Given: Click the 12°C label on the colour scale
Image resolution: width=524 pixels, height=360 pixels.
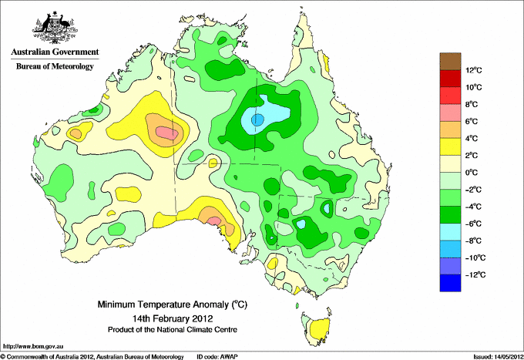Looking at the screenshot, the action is coord(474,70).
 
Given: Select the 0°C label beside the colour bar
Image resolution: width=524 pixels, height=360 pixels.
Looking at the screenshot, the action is coord(472,173).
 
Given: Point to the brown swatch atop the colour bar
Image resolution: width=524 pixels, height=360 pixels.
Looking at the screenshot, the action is coord(450,61).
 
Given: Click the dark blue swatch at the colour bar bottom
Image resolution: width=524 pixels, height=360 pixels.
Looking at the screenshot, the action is coord(450,283).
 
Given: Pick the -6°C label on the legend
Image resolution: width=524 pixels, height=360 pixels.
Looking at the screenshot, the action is coord(474,224).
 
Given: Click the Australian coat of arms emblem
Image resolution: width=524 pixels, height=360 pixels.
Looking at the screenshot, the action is coord(55,28).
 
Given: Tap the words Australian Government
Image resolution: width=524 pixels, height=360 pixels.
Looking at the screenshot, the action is coord(55,52).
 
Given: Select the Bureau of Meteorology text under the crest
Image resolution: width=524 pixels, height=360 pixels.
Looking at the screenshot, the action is coord(55,66).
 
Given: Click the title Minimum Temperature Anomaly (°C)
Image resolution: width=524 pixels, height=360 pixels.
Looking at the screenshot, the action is coord(173,304).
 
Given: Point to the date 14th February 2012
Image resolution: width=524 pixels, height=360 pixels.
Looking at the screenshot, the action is coord(173,318).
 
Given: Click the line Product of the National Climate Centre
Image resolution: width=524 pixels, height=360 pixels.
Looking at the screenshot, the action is coord(173,330).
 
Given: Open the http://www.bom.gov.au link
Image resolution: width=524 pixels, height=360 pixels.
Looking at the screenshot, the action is coord(33,347).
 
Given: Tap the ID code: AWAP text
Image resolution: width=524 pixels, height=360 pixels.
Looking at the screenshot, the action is coord(217,357).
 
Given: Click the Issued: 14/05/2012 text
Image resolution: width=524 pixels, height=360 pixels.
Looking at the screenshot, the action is coord(498,357).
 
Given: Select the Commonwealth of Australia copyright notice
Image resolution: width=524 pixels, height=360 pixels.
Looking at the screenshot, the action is coord(92,357).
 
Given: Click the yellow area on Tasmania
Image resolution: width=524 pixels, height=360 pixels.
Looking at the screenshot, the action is coord(319,329).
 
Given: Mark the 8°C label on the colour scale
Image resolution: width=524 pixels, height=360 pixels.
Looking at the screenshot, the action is coord(472,104).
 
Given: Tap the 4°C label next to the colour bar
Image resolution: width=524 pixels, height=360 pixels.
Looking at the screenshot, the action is coord(472,139).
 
